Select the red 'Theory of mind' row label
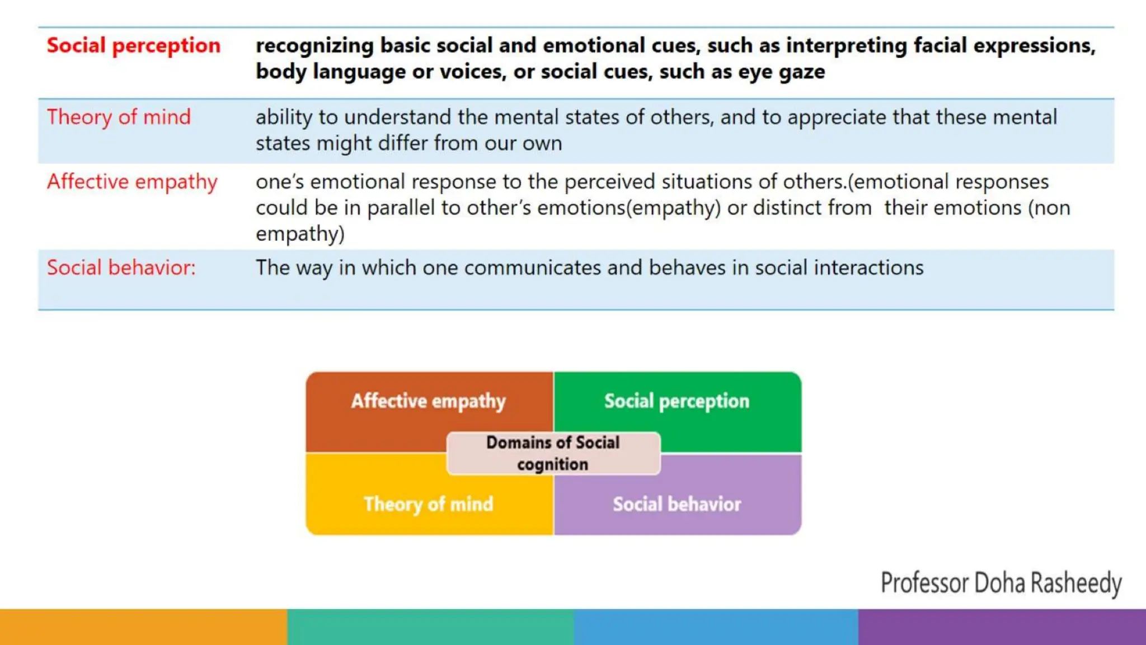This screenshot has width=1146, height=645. [119, 117]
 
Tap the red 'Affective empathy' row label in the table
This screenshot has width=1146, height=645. [132, 182]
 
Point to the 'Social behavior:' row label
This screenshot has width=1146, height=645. [121, 268]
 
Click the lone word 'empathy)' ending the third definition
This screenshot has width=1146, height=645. [300, 233]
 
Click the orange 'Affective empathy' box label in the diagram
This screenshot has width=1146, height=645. [428, 401]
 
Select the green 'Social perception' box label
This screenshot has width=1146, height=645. [676, 401]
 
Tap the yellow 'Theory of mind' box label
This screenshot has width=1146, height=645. [428, 504]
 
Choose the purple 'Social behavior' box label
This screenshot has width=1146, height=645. [677, 504]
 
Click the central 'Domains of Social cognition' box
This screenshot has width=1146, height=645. [553, 453]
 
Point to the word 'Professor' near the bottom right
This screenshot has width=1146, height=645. [924, 583]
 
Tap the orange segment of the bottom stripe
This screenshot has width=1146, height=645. [143, 627]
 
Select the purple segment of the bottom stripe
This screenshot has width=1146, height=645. [1002, 627]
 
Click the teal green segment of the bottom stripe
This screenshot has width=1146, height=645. [430, 627]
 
